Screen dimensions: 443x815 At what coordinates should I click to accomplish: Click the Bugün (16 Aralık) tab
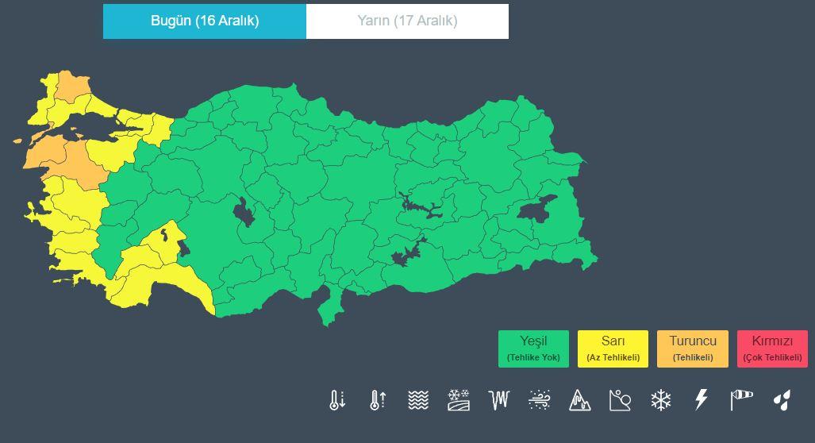tap(205, 21)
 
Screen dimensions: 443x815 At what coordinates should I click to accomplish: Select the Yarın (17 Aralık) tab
tap(407, 21)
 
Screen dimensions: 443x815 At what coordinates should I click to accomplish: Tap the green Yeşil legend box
tap(533, 349)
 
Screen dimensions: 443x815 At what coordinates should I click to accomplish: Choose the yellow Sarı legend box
tap(613, 349)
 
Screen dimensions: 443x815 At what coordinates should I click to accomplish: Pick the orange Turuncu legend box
tap(693, 349)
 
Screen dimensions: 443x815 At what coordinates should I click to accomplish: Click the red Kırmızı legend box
tap(772, 349)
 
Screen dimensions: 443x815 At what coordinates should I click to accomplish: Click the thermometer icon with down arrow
tap(337, 400)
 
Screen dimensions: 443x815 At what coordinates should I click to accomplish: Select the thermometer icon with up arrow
tap(378, 400)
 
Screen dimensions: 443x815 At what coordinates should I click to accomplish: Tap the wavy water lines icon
tap(418, 400)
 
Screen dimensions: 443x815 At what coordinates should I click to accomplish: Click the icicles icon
tap(499, 400)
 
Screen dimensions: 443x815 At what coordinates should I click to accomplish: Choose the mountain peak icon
tap(580, 400)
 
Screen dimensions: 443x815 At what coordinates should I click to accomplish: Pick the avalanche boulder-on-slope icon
tap(620, 400)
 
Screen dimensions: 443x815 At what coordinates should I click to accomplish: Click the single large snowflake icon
tap(661, 400)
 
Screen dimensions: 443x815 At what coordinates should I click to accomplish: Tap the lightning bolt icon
tap(701, 400)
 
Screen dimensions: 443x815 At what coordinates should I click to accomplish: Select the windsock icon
tap(741, 400)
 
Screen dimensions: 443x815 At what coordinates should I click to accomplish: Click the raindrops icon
tap(782, 400)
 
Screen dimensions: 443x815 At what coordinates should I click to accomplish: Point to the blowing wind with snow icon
tap(540, 400)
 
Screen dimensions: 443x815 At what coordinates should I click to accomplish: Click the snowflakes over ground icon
tap(459, 400)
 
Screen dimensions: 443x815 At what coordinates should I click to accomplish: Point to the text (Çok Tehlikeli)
tap(772, 358)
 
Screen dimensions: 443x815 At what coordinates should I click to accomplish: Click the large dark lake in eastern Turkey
tap(536, 208)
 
